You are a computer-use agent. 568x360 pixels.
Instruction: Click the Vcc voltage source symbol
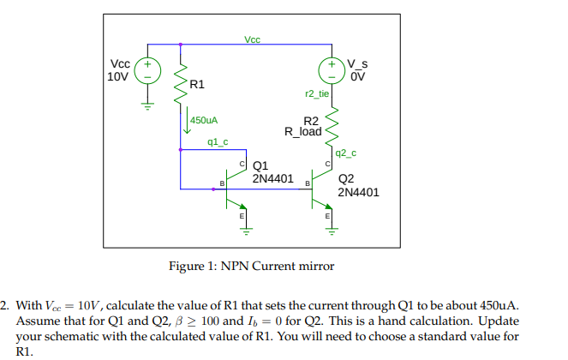tap(147, 70)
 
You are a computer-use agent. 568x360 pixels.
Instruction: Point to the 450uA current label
tap(205, 121)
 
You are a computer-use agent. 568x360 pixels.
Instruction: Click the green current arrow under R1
tap(186, 124)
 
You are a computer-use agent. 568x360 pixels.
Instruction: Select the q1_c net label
tap(218, 141)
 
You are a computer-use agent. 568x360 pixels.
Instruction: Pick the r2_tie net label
tap(316, 93)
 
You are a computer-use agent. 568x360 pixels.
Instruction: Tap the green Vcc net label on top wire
tap(252, 39)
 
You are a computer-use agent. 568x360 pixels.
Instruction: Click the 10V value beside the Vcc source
tap(117, 76)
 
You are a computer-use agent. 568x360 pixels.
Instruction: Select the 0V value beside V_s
tap(357, 76)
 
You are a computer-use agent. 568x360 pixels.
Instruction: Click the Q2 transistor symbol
tap(319, 189)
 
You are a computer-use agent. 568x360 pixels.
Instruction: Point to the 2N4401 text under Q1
tap(272, 179)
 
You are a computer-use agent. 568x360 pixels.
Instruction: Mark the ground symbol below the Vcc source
tap(147, 105)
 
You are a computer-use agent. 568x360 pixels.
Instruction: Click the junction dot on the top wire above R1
tap(180, 45)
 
